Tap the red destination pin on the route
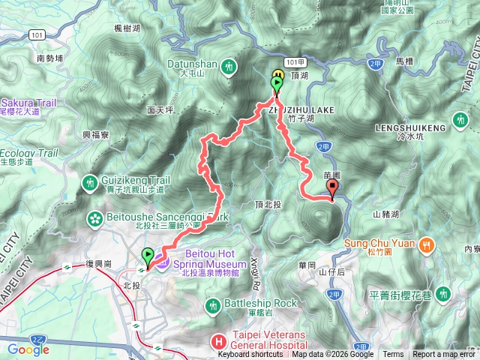(x=332, y=190)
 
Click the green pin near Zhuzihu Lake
(x=276, y=85)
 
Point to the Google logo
(x=28, y=349)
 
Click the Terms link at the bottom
(x=392, y=355)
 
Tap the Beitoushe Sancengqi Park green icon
(x=97, y=218)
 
